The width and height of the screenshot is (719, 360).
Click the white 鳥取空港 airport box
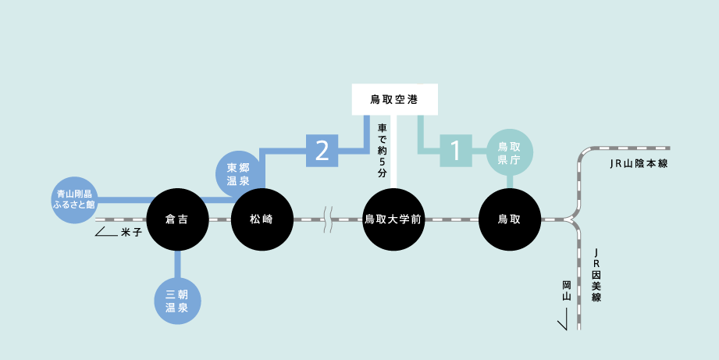click(395, 99)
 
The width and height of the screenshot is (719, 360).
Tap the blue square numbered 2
click(322, 151)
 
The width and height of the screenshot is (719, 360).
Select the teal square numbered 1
click(456, 151)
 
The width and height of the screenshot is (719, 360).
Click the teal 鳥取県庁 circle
click(510, 153)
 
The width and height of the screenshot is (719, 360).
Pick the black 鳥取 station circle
click(510, 219)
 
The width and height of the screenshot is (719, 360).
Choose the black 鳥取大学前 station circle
click(393, 219)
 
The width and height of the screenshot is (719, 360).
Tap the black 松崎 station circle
click(262, 219)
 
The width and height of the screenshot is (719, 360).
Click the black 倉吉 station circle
click(177, 219)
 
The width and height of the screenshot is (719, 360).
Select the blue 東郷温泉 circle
click(238, 174)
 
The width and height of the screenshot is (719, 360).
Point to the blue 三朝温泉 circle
click(177, 301)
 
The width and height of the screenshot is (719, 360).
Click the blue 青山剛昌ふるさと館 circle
click(74, 200)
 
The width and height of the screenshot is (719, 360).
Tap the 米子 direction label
click(131, 233)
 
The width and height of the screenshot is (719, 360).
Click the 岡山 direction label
click(568, 290)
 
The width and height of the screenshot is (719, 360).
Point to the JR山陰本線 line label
click(639, 164)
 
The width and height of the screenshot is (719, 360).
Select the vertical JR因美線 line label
click(596, 275)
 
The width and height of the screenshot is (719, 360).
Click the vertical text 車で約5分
click(383, 151)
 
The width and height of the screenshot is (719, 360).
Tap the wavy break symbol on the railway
click(328, 219)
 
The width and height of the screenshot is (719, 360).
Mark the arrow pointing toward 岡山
click(563, 319)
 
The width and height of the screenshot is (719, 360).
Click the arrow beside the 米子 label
click(106, 232)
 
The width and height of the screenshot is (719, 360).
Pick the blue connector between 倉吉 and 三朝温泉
click(177, 264)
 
